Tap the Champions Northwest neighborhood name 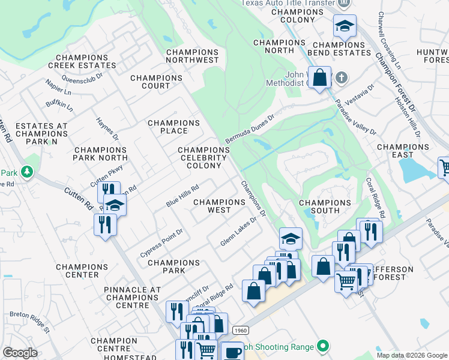[192, 56]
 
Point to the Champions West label [219, 206]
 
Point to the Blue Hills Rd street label [182, 196]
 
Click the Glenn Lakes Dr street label [238, 229]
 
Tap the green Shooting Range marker [324, 346]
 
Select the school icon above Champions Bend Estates [345, 26]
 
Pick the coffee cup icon [232, 352]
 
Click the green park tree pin [26, 172]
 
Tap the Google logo [21, 353]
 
